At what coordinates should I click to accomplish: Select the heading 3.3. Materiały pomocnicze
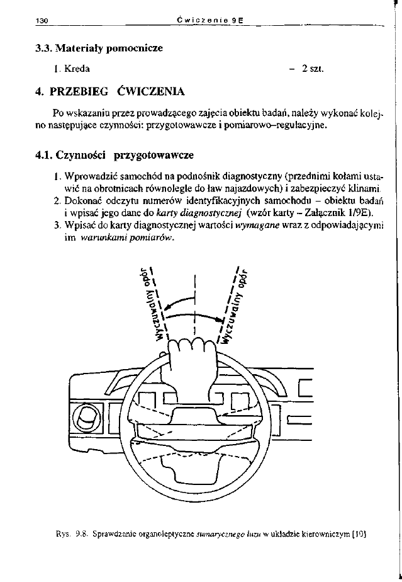[99, 48]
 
